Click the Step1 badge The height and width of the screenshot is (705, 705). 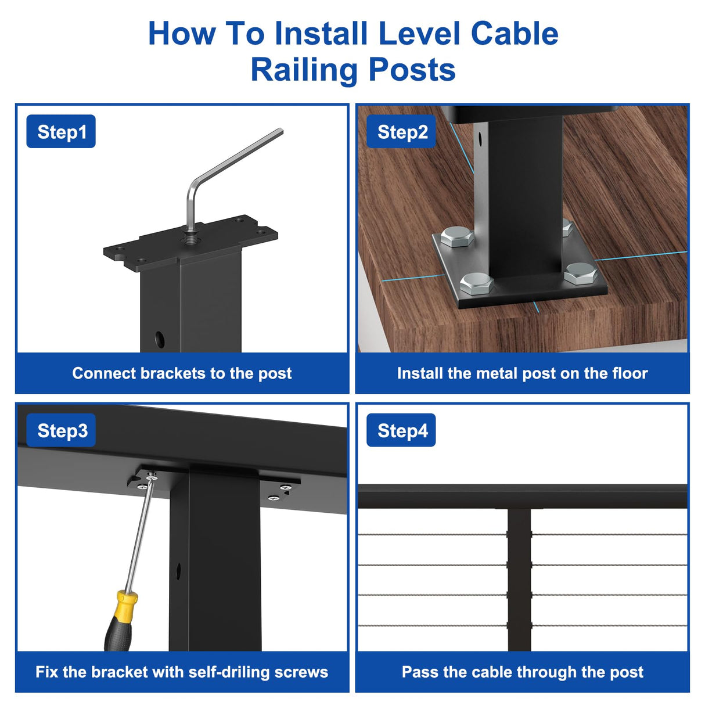tap(61, 132)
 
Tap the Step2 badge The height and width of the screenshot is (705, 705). tap(401, 132)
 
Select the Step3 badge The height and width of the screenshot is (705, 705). tap(62, 430)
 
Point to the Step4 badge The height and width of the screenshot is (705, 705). tap(401, 430)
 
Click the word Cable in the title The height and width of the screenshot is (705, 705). tap(514, 34)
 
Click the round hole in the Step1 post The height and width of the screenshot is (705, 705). tap(159, 339)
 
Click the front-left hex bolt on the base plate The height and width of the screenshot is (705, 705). tap(477, 283)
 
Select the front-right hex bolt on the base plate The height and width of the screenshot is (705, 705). tap(580, 272)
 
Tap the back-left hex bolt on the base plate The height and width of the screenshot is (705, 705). tap(456, 237)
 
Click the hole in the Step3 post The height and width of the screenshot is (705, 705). tap(178, 570)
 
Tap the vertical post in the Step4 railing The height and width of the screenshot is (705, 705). tap(519, 581)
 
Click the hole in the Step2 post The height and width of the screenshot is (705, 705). tap(480, 139)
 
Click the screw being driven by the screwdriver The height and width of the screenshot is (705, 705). tap(152, 477)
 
